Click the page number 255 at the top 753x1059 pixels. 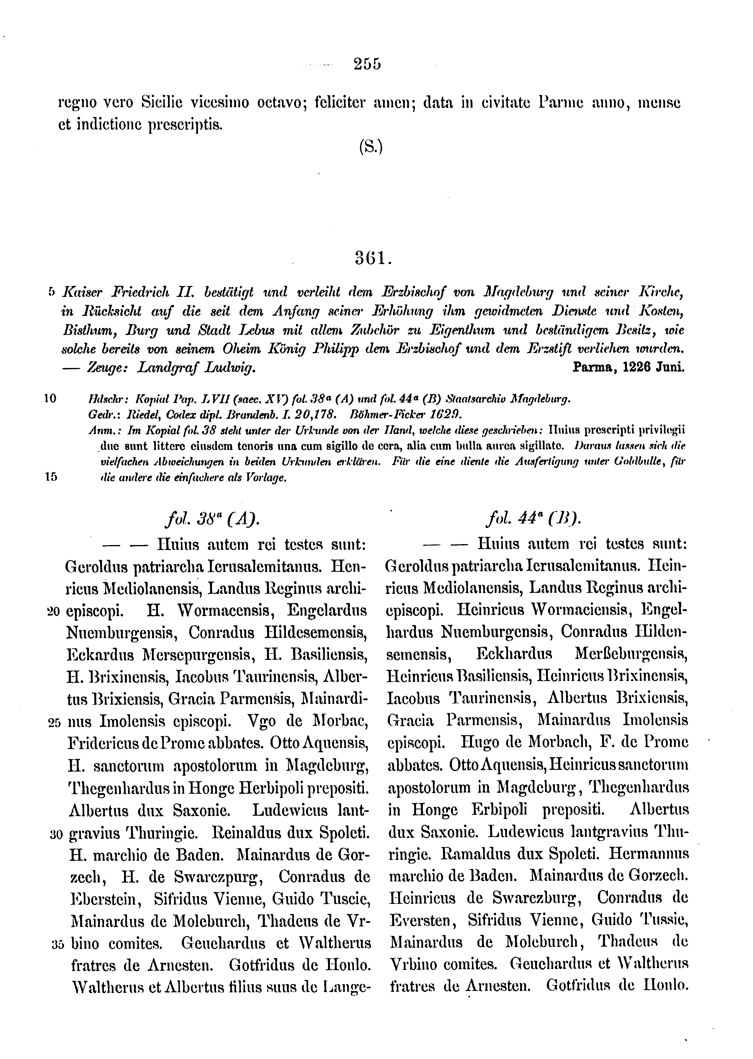(x=367, y=63)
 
